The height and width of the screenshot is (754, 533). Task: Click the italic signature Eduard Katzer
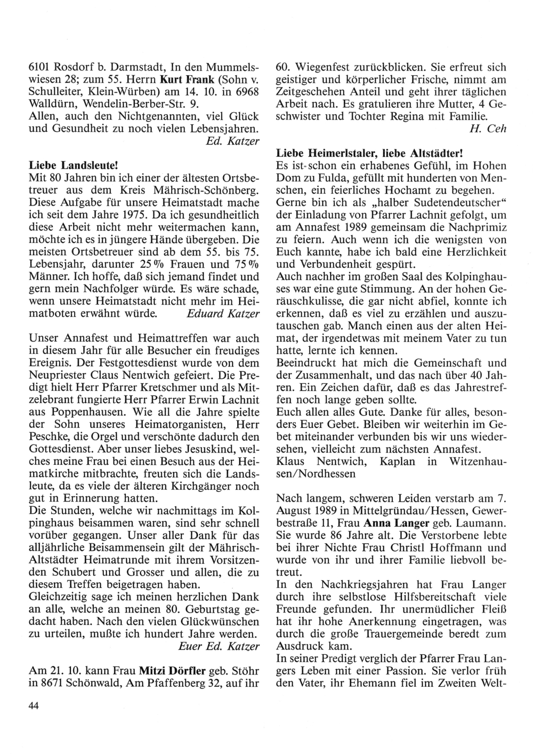pyautogui.click(x=223, y=314)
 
